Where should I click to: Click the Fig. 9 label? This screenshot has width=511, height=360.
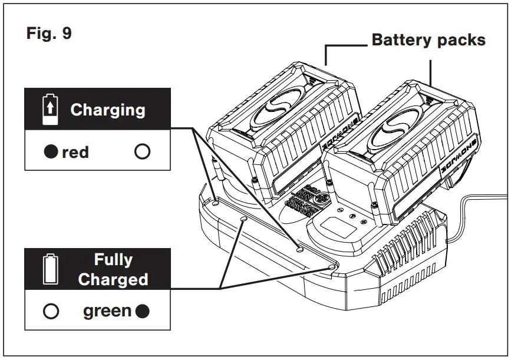(49, 34)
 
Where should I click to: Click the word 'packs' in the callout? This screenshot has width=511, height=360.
(463, 40)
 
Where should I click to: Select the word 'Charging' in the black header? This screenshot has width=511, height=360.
(107, 110)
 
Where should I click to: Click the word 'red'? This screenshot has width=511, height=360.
(75, 152)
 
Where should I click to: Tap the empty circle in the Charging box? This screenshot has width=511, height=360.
(142, 152)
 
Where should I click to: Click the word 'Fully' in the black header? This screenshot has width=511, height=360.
(113, 260)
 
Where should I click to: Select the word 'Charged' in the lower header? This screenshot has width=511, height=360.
(113, 279)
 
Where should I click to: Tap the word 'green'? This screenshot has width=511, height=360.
(107, 311)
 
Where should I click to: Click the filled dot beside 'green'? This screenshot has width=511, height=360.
(142, 311)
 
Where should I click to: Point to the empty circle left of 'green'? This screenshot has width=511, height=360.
(51, 311)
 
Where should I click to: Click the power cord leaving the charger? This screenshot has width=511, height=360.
(483, 201)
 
